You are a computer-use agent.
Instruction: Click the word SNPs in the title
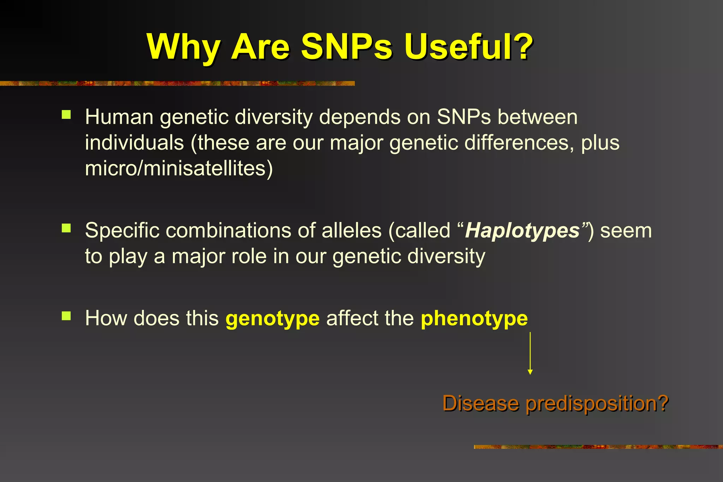(x=346, y=47)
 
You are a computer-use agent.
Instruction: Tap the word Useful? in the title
(x=468, y=47)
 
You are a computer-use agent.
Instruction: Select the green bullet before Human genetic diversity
(x=66, y=115)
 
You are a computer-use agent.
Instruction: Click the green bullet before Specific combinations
(x=66, y=228)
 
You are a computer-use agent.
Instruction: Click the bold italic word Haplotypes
(x=522, y=231)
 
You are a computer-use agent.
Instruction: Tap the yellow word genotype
(x=273, y=319)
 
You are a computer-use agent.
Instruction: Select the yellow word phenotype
(x=474, y=319)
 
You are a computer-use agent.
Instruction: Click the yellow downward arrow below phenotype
(x=530, y=353)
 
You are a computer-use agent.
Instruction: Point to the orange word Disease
(x=481, y=403)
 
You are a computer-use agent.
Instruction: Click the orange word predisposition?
(x=597, y=404)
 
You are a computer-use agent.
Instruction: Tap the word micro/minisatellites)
(x=179, y=169)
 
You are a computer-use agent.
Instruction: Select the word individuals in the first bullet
(x=135, y=143)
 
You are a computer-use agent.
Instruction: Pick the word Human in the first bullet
(x=119, y=117)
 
